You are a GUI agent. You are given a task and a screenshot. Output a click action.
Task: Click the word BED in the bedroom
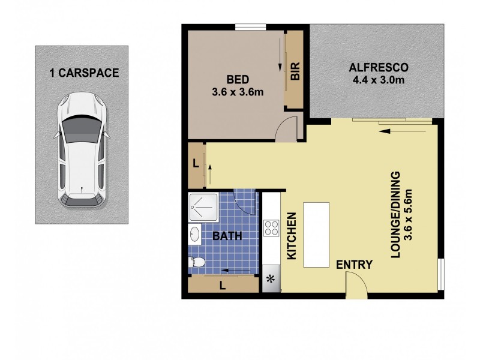(238, 79)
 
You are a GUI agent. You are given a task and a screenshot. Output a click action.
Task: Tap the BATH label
(228, 236)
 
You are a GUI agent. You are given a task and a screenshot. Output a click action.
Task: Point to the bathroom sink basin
(195, 235)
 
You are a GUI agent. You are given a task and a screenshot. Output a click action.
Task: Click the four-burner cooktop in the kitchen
(271, 227)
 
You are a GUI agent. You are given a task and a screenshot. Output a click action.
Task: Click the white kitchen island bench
(316, 234)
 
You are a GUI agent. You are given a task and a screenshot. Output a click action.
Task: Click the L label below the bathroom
(223, 286)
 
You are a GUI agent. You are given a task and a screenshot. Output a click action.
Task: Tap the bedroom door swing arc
(287, 127)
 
